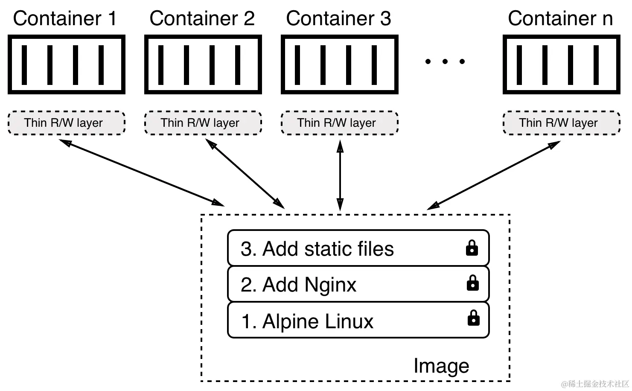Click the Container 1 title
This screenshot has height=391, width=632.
64,18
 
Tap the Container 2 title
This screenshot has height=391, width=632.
202,18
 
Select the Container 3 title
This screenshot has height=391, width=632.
338,18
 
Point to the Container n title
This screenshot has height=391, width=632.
560,18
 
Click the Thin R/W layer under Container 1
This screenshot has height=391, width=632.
66,123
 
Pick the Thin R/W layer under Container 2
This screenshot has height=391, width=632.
203,123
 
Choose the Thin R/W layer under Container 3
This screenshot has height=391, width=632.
339,123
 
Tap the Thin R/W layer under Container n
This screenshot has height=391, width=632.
562,123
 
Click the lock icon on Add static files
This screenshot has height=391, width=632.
472,248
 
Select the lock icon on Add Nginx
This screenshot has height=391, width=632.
472,283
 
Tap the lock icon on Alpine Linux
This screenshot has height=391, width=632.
473,318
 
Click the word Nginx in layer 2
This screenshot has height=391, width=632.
330,285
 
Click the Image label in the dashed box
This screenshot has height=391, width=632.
441,366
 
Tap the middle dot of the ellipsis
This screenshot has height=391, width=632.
445,61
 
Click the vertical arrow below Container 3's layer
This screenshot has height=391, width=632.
340,175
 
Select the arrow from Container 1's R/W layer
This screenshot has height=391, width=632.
142,173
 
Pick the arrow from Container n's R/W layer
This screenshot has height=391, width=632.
493,175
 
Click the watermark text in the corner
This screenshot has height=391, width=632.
595,384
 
